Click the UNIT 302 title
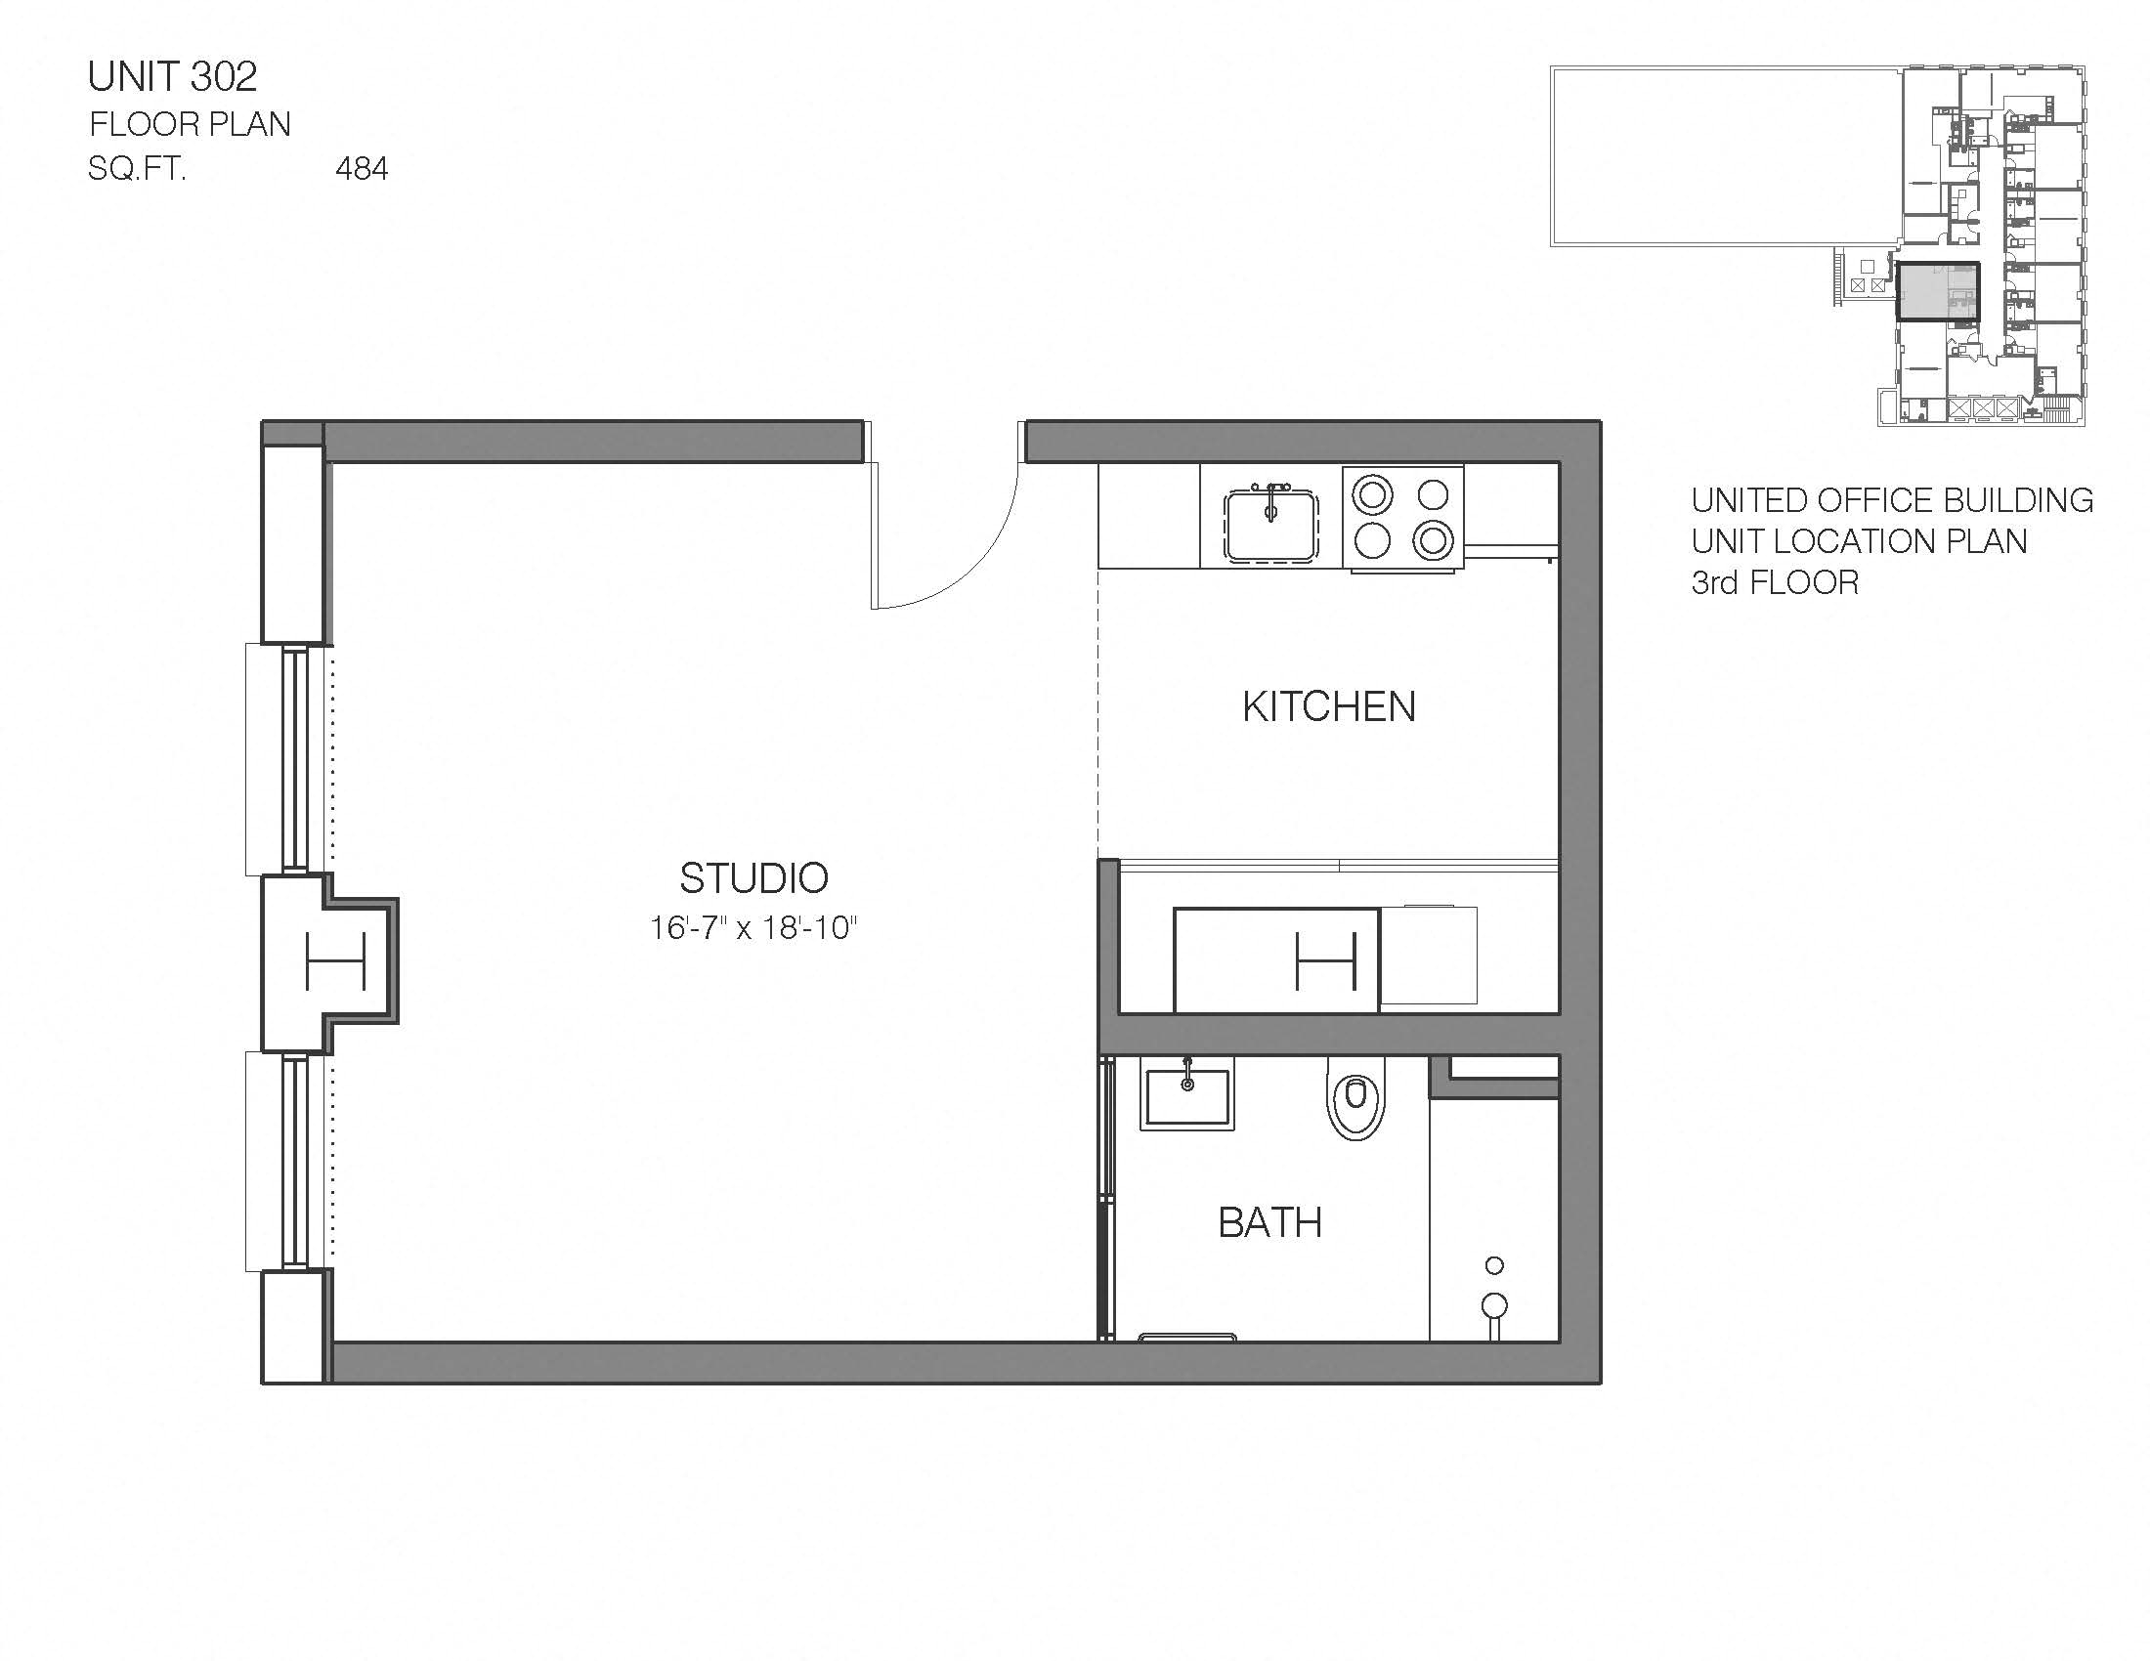tap(172, 77)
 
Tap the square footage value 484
tap(362, 169)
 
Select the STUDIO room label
tap(754, 877)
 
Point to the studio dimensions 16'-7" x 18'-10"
tap(754, 928)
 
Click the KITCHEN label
tap(1328, 707)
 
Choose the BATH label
tap(1269, 1223)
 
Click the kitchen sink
tap(1269, 526)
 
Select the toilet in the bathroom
tap(1355, 1098)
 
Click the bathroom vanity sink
tap(1187, 1094)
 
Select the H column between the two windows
tap(335, 960)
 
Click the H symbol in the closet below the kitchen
tap(1326, 960)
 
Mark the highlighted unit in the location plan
tap(1936, 291)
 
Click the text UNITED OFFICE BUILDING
tap(1891, 501)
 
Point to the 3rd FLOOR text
tap(1775, 582)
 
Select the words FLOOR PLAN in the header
tap(190, 124)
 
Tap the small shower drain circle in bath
tap(1494, 1265)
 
